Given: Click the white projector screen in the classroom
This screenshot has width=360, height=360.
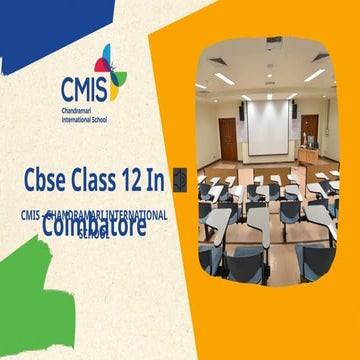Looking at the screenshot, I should click(267, 127).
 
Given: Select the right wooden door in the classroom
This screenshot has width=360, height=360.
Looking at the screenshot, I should click(311, 129).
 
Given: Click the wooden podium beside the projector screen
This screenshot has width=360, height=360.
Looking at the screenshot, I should click(307, 155).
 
